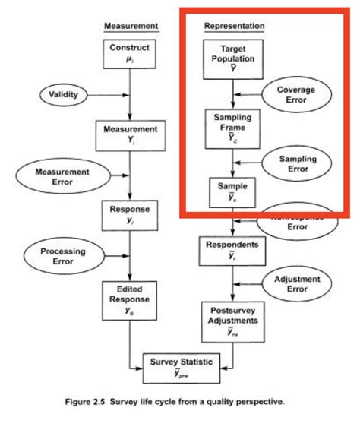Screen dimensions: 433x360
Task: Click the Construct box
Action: click(129, 52)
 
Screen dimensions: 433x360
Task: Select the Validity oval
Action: click(63, 95)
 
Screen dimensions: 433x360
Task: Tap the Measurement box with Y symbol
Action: click(130, 135)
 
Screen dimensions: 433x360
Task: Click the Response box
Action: click(130, 213)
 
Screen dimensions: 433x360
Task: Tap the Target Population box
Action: click(232, 56)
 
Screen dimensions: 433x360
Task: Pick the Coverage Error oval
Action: click(295, 95)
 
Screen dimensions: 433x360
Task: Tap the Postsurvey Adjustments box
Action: click(232, 321)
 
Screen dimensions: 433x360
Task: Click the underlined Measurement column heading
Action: click(131, 26)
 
